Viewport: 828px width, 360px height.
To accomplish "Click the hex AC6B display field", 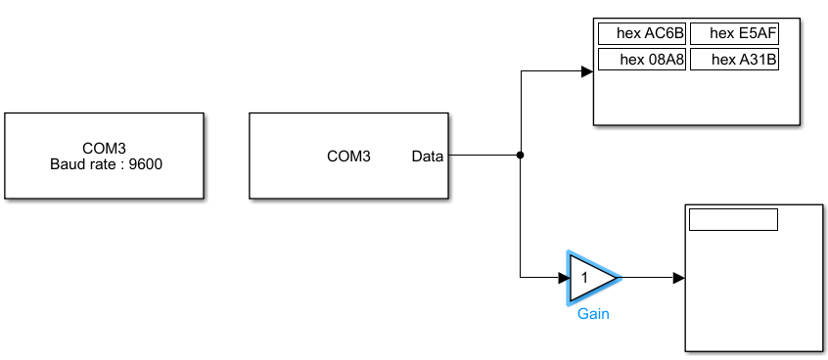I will pos(642,34).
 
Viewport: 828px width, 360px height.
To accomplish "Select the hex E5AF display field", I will pos(734,34).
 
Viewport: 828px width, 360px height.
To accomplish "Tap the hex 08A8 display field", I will pos(642,61).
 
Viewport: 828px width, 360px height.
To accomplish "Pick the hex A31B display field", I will pos(734,61).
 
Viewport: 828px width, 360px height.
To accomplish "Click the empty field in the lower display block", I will pos(733,219).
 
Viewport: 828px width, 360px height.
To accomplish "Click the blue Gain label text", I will pos(593,314).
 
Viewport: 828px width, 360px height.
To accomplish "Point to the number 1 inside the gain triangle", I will pos(584,278).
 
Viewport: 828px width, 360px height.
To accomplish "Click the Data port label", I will pos(427,156).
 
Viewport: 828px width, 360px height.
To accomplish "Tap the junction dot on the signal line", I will pos(521,156).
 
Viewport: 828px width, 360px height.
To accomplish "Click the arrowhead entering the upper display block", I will pos(587,71).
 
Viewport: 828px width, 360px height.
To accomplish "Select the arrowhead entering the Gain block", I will pos(562,278).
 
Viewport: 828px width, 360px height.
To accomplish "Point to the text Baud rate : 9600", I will pos(106,163).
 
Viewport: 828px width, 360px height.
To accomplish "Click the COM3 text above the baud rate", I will pos(104,149).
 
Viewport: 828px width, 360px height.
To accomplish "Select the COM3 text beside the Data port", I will pos(348,156).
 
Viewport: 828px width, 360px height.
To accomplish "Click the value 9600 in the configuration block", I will pos(146,163).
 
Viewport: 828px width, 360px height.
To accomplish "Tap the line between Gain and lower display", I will pos(648,278).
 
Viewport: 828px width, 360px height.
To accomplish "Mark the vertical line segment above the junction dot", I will pos(521,112).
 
